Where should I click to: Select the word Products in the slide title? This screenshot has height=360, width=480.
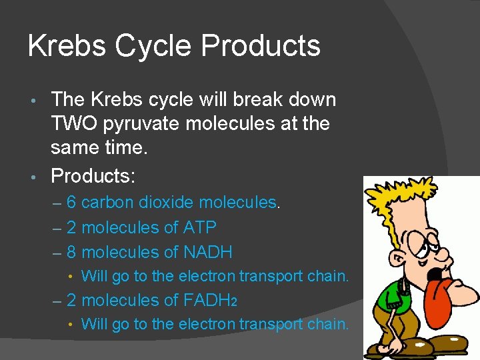(261, 46)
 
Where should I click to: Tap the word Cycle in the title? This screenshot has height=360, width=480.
(154, 47)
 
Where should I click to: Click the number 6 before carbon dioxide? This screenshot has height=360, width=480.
(71, 203)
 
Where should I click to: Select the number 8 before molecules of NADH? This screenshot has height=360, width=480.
(71, 253)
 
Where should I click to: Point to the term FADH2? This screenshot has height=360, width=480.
(201, 301)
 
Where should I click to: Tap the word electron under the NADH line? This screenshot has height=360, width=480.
(210, 276)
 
